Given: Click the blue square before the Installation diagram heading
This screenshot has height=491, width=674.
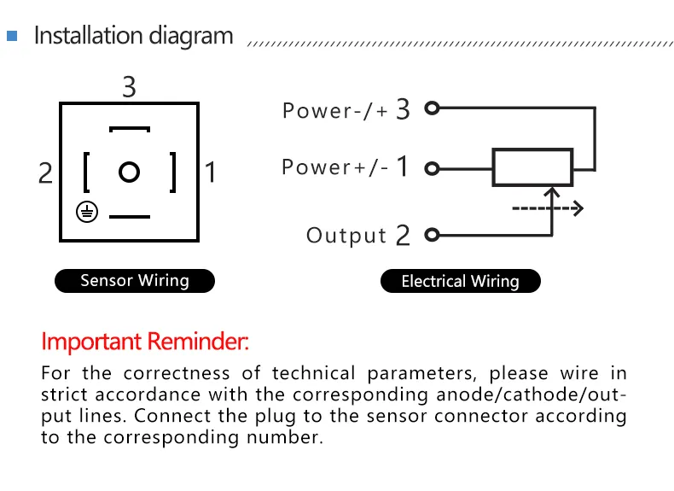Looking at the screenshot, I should pyautogui.click(x=12, y=37).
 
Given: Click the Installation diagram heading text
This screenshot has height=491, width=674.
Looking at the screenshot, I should pyautogui.click(x=133, y=36).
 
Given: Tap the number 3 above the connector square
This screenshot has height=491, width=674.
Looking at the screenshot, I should pyautogui.click(x=129, y=87).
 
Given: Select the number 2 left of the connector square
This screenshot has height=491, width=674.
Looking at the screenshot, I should pyautogui.click(x=46, y=173).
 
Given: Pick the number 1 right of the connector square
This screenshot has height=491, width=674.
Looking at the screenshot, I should pyautogui.click(x=211, y=173).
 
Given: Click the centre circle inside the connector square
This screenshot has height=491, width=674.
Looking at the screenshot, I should pyautogui.click(x=129, y=172).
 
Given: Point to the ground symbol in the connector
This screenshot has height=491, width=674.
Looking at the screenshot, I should pyautogui.click(x=84, y=212).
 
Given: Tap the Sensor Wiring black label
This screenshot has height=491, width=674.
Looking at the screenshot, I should pyautogui.click(x=135, y=280).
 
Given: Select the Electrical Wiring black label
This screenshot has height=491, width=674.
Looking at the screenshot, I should pyautogui.click(x=460, y=281).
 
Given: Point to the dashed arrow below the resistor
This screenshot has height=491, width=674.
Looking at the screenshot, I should pyautogui.click(x=546, y=208).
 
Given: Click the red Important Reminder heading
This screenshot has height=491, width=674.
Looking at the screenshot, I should pyautogui.click(x=145, y=342).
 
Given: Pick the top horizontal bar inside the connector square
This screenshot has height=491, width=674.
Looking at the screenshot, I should pyautogui.click(x=130, y=130).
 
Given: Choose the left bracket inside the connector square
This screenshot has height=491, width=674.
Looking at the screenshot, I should pyautogui.click(x=86, y=172).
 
